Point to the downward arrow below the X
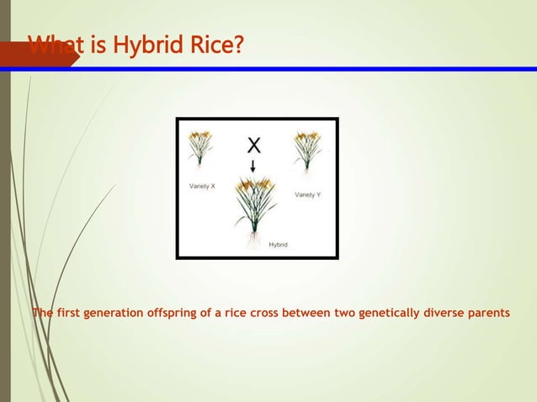pyautogui.click(x=253, y=166)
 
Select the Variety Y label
pyautogui.click(x=307, y=194)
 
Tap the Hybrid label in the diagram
pyautogui.click(x=278, y=245)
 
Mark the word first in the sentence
pyautogui.click(x=71, y=314)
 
